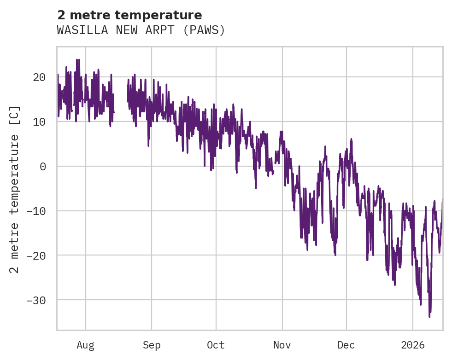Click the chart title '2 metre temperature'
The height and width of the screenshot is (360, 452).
(x=129, y=15)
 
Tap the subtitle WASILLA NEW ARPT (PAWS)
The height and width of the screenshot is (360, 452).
(x=141, y=30)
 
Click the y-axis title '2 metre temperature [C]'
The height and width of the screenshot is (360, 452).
(x=15, y=189)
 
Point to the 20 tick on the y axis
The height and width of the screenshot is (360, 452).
(x=39, y=77)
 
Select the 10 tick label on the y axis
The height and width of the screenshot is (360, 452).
(x=39, y=122)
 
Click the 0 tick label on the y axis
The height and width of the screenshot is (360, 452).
(x=43, y=167)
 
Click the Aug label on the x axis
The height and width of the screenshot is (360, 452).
(x=85, y=345)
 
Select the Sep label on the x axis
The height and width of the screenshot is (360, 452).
(x=151, y=345)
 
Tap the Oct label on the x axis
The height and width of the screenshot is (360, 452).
(x=216, y=345)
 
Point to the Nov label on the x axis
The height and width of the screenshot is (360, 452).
(x=282, y=345)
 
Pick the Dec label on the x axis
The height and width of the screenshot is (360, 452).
(x=346, y=345)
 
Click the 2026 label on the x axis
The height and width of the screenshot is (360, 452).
(x=413, y=345)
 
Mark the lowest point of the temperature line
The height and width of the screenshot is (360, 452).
(x=429, y=317)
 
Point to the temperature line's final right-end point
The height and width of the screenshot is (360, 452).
(x=442, y=199)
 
